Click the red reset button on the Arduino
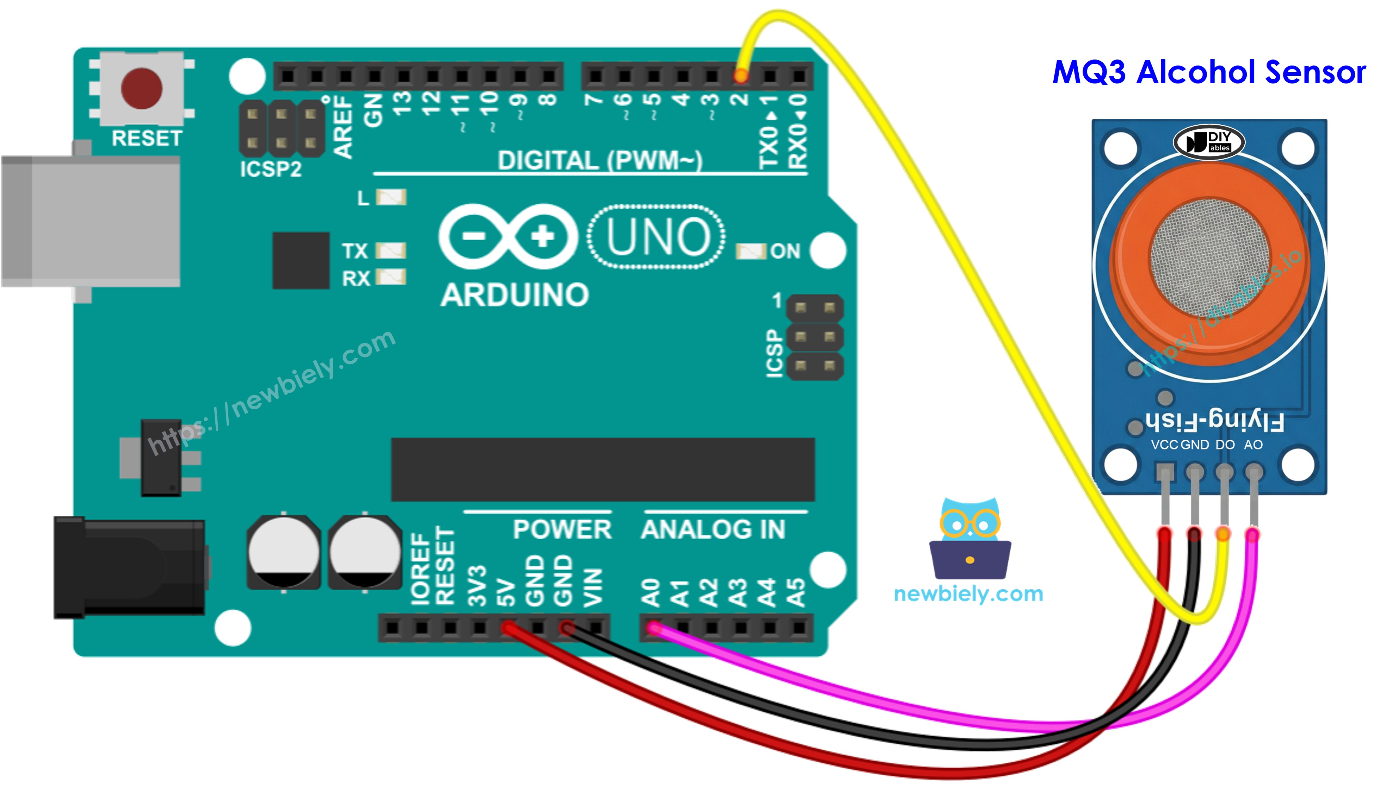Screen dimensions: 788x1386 click(x=141, y=88)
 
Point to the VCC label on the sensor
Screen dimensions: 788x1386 click(x=1164, y=445)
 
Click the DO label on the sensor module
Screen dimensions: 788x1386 click(x=1225, y=445)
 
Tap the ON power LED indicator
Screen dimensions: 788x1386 click(x=750, y=251)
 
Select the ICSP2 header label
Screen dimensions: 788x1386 click(x=270, y=169)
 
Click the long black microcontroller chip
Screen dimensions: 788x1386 click(x=603, y=469)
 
